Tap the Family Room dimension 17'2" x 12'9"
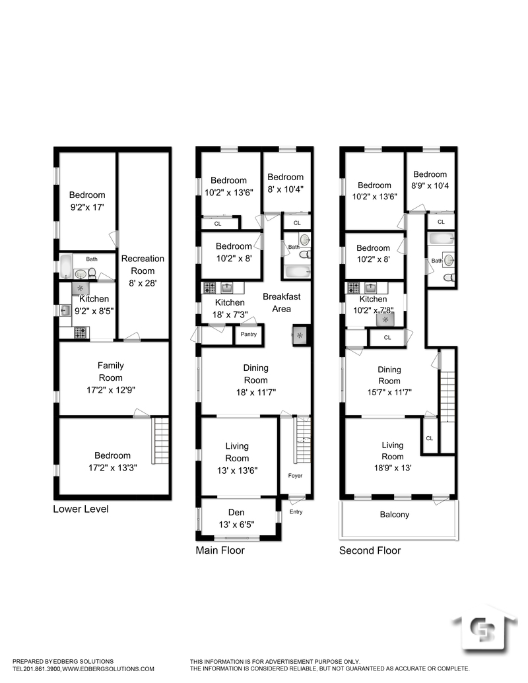(x=111, y=389)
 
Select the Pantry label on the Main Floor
(x=248, y=335)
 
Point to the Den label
(x=236, y=513)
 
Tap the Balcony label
(x=394, y=515)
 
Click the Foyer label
(x=296, y=475)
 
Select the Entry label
(x=296, y=512)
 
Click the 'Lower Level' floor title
(x=81, y=509)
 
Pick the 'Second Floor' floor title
(x=370, y=550)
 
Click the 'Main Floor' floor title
(x=220, y=550)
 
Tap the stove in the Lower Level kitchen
(x=81, y=333)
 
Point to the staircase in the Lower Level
(x=161, y=440)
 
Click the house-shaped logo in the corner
(x=485, y=635)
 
